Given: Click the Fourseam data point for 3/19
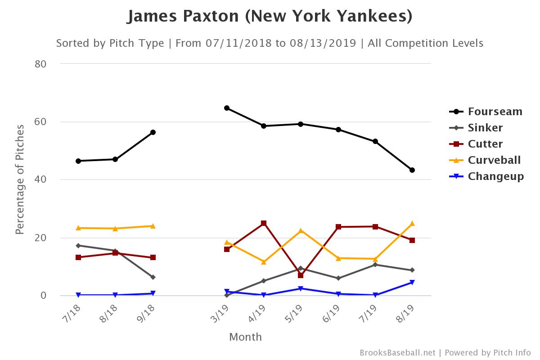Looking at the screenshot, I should click(227, 108).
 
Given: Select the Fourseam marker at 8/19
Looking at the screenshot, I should click(412, 170).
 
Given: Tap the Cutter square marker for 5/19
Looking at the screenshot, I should click(301, 275).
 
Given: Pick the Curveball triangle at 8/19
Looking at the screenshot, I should click(412, 224).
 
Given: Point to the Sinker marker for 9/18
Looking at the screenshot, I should click(153, 277).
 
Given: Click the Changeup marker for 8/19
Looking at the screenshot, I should click(412, 283).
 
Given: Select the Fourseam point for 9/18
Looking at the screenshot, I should click(153, 132).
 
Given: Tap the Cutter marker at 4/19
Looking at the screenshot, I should click(264, 223).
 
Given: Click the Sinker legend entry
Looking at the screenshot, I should click(485, 128).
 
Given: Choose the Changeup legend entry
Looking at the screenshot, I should click(495, 176).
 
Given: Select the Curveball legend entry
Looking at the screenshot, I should click(494, 160).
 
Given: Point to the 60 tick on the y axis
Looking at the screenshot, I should click(41, 121).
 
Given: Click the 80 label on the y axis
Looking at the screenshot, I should click(41, 64).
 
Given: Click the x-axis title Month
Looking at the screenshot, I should click(245, 337).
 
